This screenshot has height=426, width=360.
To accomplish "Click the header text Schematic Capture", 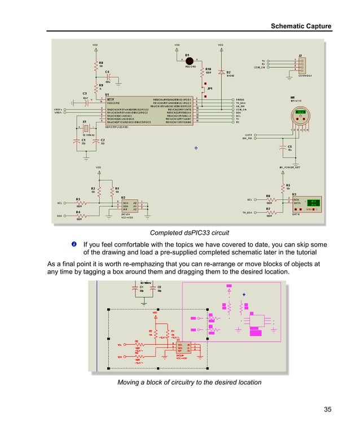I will pyautogui.click(x=301, y=27).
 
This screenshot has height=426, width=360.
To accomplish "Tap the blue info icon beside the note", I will pyautogui.click(x=74, y=244).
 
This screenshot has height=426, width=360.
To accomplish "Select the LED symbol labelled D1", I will pyautogui.click(x=190, y=61).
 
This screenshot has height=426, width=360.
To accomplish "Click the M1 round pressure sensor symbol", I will pyautogui.click(x=301, y=116).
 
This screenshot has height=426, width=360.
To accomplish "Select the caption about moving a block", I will pyautogui.click(x=189, y=382).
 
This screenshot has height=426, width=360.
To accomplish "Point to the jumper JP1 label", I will pyautogui.click(x=210, y=89).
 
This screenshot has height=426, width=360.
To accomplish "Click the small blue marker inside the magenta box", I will pyautogui.click(x=244, y=294).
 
